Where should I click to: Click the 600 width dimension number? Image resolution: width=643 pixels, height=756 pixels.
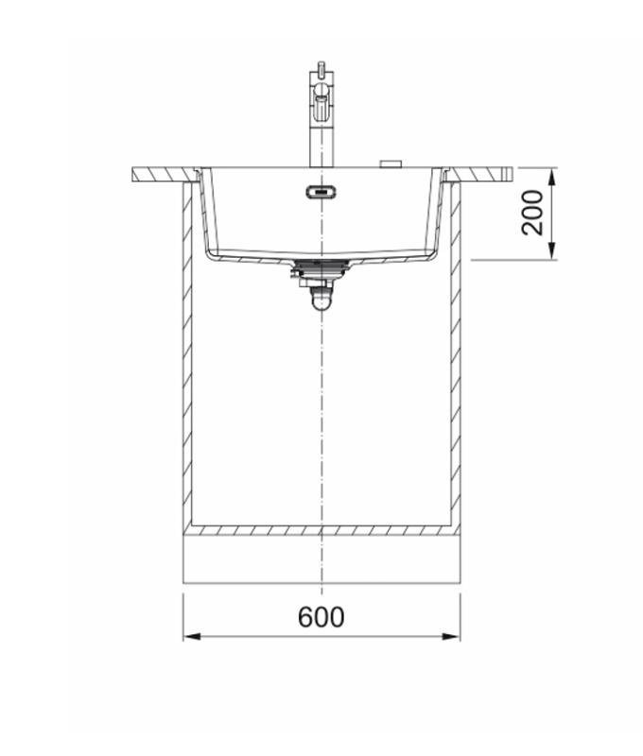click(x=321, y=617)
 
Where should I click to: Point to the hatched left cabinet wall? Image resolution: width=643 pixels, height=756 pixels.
click(x=187, y=359)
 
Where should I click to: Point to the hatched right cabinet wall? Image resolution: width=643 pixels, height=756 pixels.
click(x=456, y=359)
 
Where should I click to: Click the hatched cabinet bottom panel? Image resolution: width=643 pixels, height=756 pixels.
click(x=321, y=530)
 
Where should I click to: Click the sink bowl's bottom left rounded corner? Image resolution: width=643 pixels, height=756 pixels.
click(x=214, y=253)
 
